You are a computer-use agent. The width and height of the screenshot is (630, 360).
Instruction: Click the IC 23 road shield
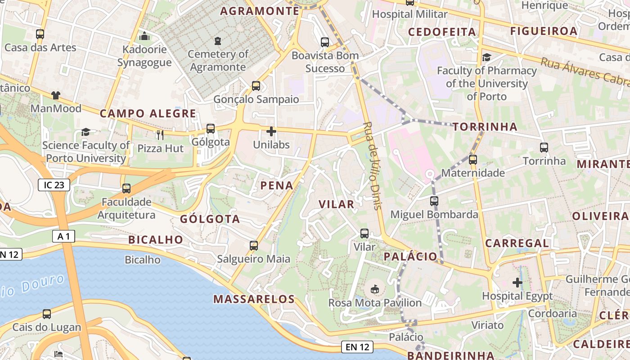(x=54, y=184)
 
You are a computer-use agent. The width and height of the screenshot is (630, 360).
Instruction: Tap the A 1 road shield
(x=63, y=236)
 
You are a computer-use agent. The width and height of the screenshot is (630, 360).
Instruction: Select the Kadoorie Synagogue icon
(x=144, y=36)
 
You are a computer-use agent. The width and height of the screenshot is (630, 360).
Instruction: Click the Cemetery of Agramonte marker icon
(x=218, y=41)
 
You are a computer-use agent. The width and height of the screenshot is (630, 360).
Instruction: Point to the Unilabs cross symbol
(x=271, y=131)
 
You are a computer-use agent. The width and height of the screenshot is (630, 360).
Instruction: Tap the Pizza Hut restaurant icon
(x=160, y=135)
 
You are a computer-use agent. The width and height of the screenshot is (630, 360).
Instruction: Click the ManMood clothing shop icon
(x=55, y=95)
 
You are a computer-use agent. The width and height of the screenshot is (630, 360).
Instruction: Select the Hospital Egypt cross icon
(x=517, y=283)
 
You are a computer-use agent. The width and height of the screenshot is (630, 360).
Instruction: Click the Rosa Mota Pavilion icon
(x=374, y=289)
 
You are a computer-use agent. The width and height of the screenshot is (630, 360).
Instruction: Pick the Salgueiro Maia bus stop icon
(x=254, y=246)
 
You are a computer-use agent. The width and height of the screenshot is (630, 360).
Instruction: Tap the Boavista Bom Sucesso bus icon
(x=325, y=42)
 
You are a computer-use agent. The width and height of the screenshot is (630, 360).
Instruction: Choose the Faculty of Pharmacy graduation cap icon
(x=486, y=57)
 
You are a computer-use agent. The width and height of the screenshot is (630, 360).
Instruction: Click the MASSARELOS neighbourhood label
(x=254, y=299)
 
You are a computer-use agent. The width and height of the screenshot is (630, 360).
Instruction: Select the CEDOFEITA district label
(x=442, y=31)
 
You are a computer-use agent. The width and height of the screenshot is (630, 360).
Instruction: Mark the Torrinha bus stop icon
(x=544, y=147)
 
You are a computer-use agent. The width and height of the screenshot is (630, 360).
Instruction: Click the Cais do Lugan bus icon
(x=47, y=314)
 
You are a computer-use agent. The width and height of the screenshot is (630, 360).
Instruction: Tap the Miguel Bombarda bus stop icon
(x=434, y=201)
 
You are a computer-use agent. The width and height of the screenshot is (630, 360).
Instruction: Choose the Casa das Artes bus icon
(x=40, y=34)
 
